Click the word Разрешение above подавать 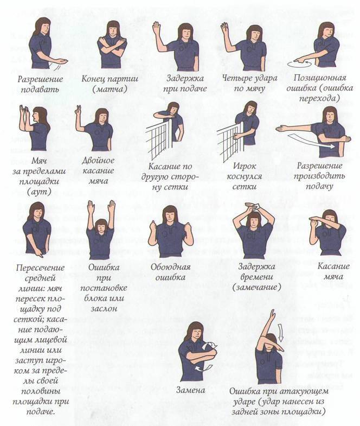pyautogui.click(x=40, y=79)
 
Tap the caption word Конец pyautogui.click(x=94, y=79)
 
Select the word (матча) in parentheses pyautogui.click(x=110, y=89)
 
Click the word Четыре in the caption pyautogui.click(x=236, y=78)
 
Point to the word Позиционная pyautogui.click(x=320, y=78)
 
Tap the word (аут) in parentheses pyautogui.click(x=39, y=192)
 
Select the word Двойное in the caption pyautogui.click(x=98, y=160)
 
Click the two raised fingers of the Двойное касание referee pyautogui.click(x=79, y=110)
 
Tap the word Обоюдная pyautogui.click(x=170, y=267)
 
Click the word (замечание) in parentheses pyautogui.click(x=256, y=287)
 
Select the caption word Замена pyautogui.click(x=191, y=390)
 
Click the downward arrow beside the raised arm pyautogui.click(x=281, y=333)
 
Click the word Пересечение pyautogui.click(x=40, y=268)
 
